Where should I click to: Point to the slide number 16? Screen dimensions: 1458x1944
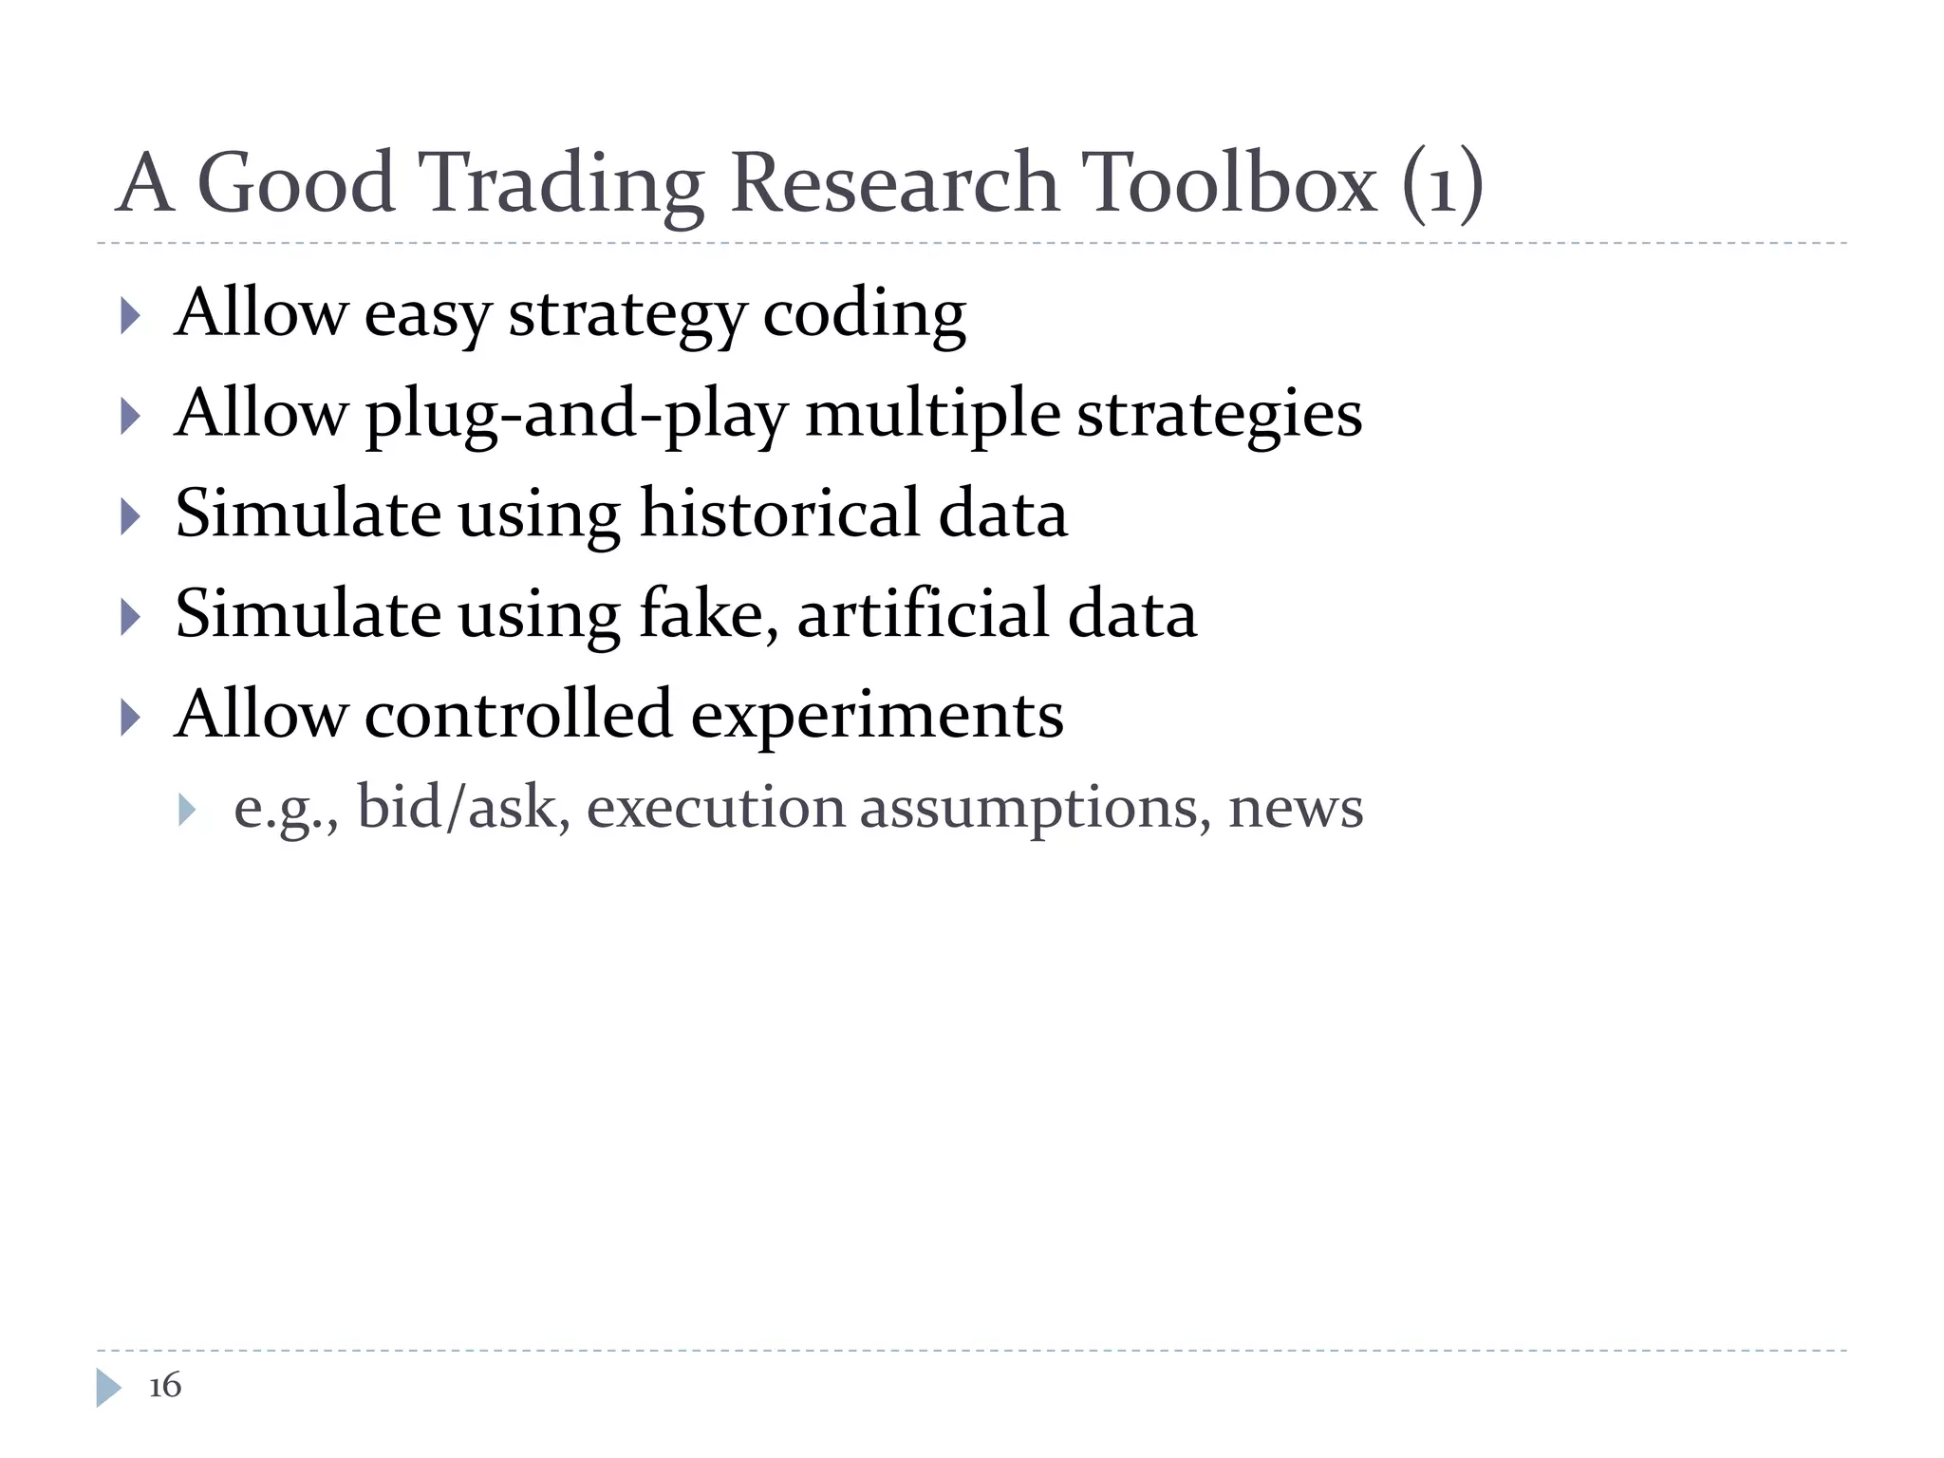click(165, 1386)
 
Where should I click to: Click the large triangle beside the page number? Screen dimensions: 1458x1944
click(108, 1388)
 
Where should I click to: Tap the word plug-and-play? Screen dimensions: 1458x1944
click(576, 415)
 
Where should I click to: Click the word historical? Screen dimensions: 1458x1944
click(779, 514)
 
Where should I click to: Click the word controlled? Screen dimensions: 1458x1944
click(517, 715)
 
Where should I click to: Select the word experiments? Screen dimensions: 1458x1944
click(876, 717)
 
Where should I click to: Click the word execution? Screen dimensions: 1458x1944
click(715, 809)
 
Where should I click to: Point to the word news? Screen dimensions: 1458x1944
click(1295, 809)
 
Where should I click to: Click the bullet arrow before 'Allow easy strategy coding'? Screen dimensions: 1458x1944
click(131, 315)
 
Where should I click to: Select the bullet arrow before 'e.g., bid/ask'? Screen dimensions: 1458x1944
click(187, 810)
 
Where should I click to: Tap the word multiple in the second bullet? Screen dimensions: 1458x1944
click(932, 415)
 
